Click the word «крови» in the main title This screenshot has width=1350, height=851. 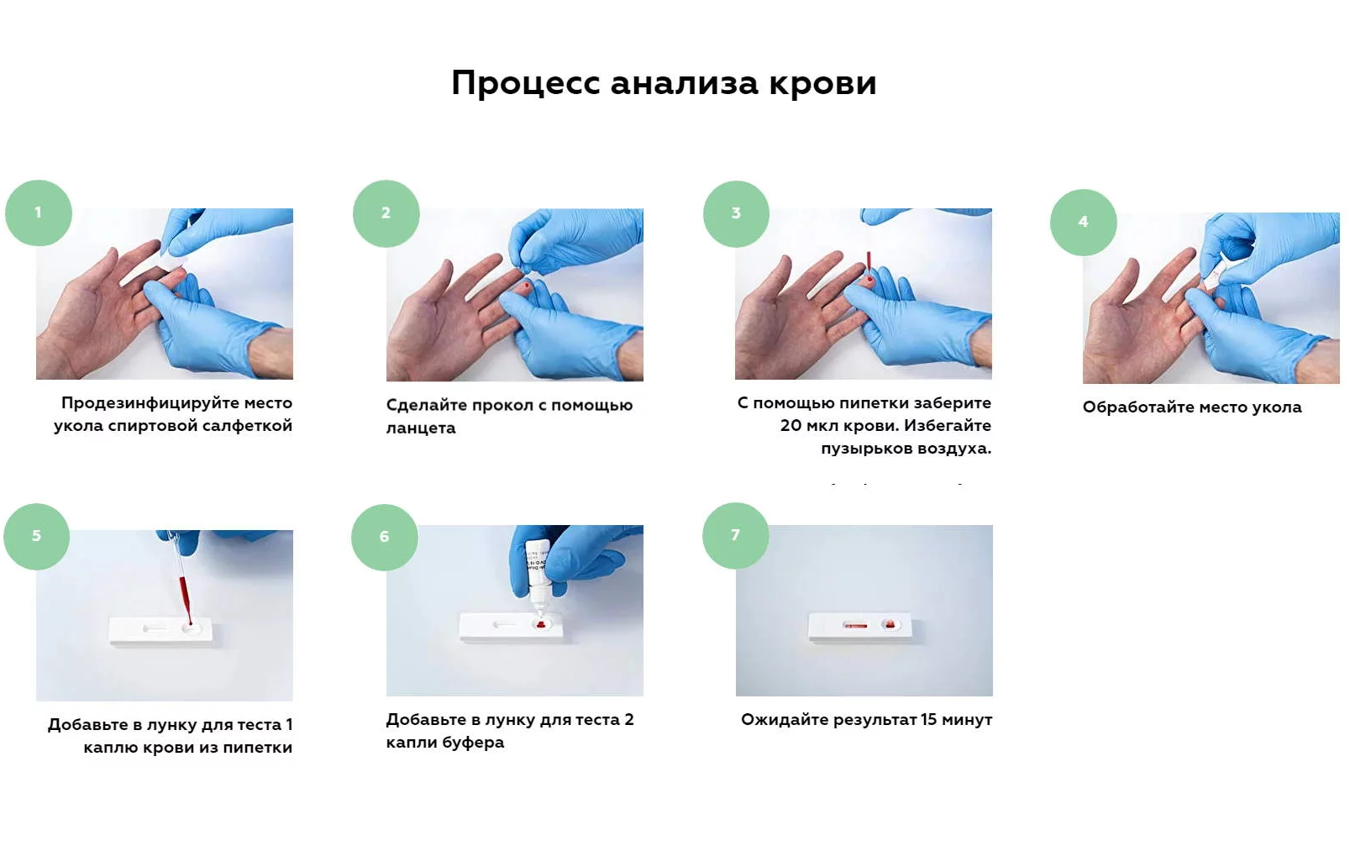[x=822, y=82]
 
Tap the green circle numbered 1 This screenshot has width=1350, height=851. [x=39, y=213]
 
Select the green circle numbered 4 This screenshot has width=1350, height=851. [x=1083, y=222]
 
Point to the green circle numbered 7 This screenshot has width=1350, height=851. [x=735, y=535]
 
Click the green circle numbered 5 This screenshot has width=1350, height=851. [x=37, y=537]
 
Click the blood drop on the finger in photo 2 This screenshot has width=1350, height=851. [x=528, y=285]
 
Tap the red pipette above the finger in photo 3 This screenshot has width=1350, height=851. [x=869, y=261]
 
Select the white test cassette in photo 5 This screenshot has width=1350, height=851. [x=160, y=631]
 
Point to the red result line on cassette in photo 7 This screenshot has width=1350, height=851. [x=855, y=626]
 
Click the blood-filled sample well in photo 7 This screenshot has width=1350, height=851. [x=889, y=624]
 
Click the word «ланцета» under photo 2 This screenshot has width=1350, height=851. [x=421, y=428]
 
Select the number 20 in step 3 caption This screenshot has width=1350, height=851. [x=791, y=425]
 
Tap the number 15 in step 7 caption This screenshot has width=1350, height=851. [x=928, y=720]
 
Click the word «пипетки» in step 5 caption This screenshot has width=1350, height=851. [x=257, y=748]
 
